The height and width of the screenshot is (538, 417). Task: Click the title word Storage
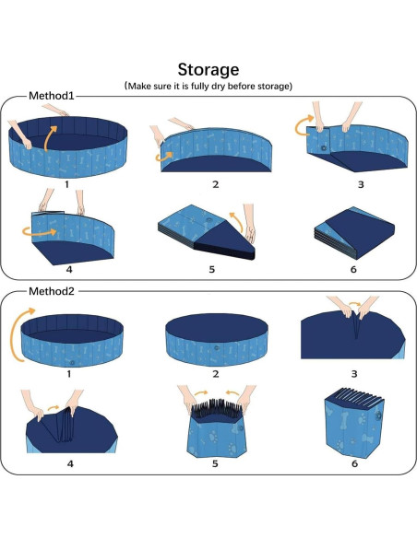(208, 69)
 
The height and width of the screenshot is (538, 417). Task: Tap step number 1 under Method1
(66, 184)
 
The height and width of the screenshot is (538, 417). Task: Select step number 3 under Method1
(360, 184)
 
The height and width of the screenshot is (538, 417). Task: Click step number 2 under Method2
(215, 374)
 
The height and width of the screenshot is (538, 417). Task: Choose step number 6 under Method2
(355, 463)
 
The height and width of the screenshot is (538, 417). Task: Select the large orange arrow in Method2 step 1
(18, 341)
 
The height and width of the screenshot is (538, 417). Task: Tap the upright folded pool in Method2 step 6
(355, 424)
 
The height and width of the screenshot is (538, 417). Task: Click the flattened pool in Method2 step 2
(214, 339)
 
